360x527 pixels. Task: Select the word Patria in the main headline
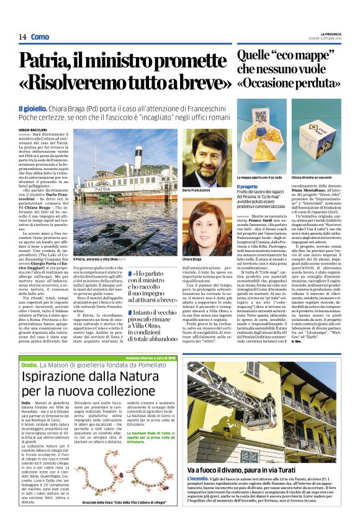[50, 63]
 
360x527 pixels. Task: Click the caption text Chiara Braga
[193, 257]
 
